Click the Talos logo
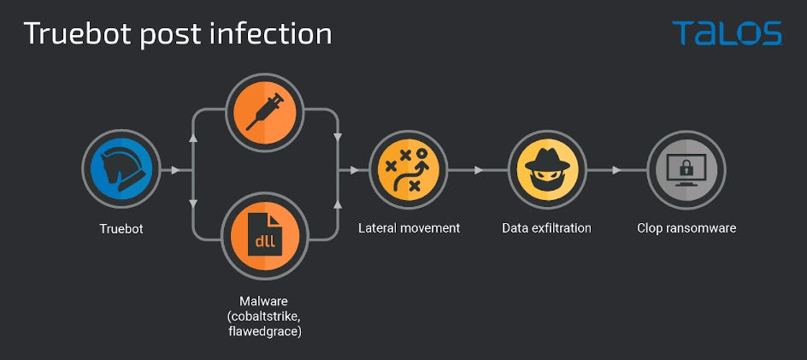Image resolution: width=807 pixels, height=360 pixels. (727, 33)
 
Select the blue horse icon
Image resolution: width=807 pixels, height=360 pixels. (121, 170)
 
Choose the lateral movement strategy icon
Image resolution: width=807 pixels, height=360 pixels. (408, 170)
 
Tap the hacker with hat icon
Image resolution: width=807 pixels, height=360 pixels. (547, 170)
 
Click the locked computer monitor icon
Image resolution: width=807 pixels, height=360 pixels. (686, 170)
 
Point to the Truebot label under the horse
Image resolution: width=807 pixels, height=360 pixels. (121, 228)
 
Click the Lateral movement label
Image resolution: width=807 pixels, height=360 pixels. (409, 228)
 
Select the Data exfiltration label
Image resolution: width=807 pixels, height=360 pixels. (546, 228)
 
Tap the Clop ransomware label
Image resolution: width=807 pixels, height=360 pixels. (686, 228)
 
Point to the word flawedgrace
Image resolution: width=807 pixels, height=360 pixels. (264, 331)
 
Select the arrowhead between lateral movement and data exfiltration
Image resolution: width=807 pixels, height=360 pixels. (478, 170)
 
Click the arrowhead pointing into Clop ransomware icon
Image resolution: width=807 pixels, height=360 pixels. (616, 170)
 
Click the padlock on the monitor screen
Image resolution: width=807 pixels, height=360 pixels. (686, 170)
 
